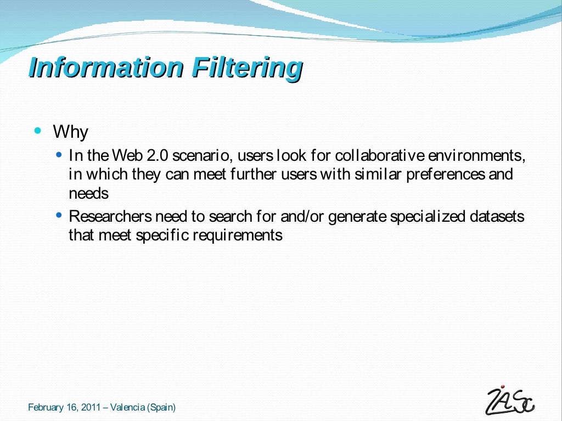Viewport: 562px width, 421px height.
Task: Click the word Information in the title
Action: (x=105, y=68)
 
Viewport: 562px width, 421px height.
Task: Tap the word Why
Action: (x=70, y=132)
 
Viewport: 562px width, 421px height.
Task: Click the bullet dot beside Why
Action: (x=37, y=131)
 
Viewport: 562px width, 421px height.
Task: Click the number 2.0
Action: (x=158, y=156)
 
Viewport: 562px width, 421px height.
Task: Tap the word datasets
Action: (x=497, y=217)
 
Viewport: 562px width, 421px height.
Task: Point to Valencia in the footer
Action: (x=127, y=407)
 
